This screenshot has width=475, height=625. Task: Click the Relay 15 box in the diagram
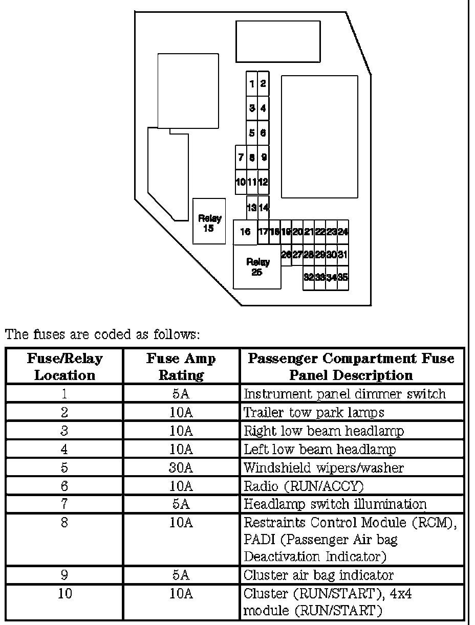[x=209, y=221]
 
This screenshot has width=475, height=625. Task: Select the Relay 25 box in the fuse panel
[x=257, y=267]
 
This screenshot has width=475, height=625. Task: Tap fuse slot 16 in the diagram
[x=245, y=232]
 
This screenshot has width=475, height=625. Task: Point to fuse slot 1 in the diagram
[x=252, y=84]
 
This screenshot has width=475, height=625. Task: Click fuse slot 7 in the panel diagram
[x=241, y=158]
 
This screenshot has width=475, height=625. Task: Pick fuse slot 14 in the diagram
[x=263, y=208]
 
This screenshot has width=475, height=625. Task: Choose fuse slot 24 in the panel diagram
[x=343, y=232]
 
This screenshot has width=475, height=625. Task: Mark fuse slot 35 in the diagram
[x=343, y=278]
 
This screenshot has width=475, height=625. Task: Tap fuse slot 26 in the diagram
[x=286, y=254]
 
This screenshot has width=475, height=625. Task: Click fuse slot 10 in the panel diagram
[x=241, y=182]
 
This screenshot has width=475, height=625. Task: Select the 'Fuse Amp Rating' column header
[x=181, y=367]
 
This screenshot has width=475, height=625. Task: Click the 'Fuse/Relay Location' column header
[x=64, y=367]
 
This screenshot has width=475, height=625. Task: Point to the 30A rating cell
[x=181, y=467]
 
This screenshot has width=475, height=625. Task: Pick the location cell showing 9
[x=64, y=575]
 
